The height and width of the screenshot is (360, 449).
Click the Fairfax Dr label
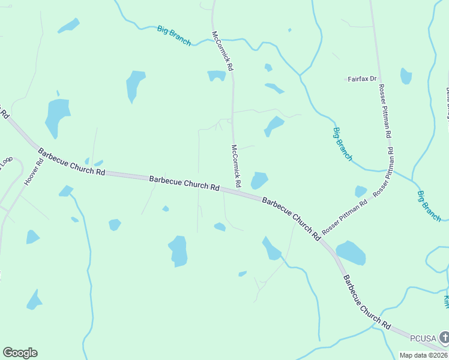tap(362, 79)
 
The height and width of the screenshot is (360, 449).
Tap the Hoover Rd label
tap(31, 171)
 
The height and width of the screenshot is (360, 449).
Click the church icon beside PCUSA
tap(443, 337)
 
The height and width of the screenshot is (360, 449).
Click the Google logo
tap(20, 353)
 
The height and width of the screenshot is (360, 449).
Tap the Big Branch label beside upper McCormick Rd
tap(174, 35)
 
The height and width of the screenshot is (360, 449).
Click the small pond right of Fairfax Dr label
tap(406, 76)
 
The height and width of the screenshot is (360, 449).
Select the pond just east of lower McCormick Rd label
tap(259, 180)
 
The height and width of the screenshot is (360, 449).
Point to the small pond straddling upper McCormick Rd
tap(217, 76)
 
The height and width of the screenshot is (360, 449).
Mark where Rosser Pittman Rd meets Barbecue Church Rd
tap(322, 239)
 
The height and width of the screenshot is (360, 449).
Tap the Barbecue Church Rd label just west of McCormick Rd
tap(184, 182)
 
